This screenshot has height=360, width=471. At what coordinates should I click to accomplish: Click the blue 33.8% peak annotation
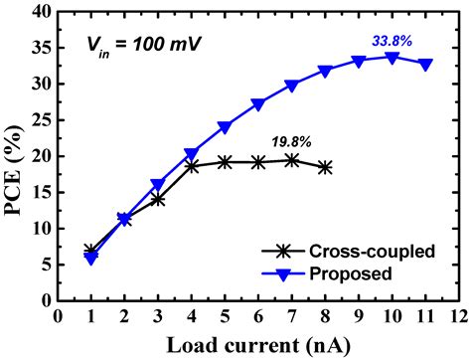pos(392,41)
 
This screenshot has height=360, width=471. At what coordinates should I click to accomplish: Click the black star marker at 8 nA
pos(325,168)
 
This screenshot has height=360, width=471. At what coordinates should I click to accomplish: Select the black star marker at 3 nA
pos(158,199)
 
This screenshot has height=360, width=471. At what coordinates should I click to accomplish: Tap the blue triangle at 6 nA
pos(258,104)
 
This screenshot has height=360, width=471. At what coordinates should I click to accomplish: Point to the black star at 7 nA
pos(292,159)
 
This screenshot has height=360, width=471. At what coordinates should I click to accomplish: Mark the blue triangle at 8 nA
pos(325,72)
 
